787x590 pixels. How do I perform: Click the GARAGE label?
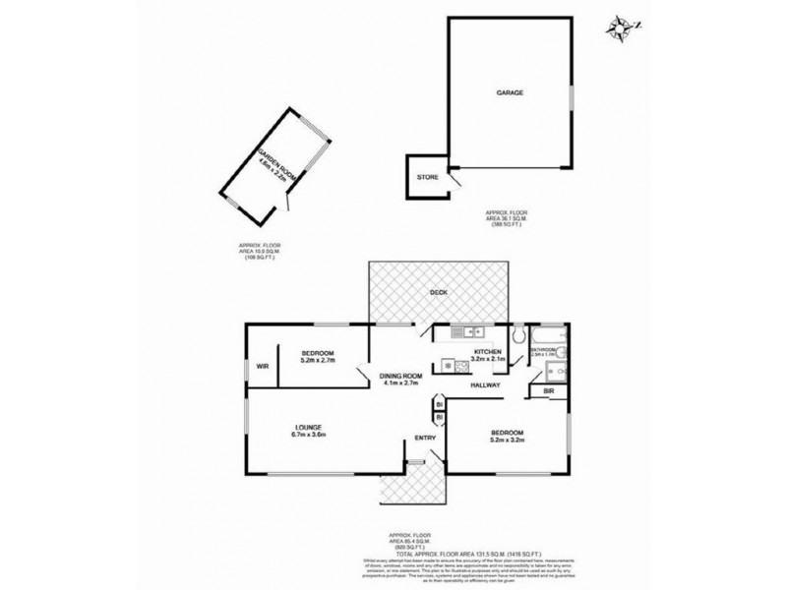[509, 94]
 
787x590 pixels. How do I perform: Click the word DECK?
[440, 292]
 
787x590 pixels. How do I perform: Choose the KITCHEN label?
[488, 352]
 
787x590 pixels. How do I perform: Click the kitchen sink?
[460, 334]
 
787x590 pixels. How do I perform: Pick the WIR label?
[263, 366]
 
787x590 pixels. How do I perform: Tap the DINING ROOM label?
[400, 375]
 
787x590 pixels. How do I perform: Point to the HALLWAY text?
[486, 385]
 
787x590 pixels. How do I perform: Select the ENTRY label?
[425, 438]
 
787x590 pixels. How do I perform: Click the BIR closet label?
[548, 392]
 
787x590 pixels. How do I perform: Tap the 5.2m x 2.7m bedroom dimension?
[318, 361]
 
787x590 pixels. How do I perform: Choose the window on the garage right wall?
[571, 104]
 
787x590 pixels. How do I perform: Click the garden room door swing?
[286, 204]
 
